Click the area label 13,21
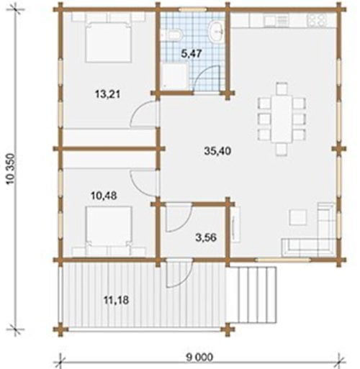[107, 94]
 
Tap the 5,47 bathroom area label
[192, 54]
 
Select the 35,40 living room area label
[217, 151]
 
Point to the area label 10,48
[104, 196]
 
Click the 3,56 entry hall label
[206, 238]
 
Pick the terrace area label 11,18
[117, 300]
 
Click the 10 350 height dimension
[12, 169]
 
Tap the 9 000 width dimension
[199, 357]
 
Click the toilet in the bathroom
[176, 35]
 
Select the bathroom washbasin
[217, 31]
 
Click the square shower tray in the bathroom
[175, 76]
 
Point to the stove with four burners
[317, 19]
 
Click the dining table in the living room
[282, 119]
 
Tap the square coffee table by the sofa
[298, 217]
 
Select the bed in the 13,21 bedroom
[108, 42]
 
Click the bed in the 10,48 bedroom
[109, 227]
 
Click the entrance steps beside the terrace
[253, 295]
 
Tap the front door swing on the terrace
[179, 273]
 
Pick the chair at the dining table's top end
[282, 88]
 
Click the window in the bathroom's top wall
[193, 10]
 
